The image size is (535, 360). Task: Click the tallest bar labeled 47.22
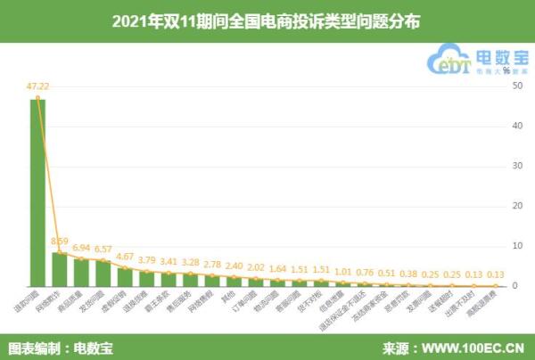tap(38, 192)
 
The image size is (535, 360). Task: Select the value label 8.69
tap(60, 241)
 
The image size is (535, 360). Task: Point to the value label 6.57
tap(103, 250)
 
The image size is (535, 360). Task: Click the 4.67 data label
tap(126, 257)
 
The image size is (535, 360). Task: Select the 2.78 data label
tap(212, 265)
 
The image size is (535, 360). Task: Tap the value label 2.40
tap(234, 266)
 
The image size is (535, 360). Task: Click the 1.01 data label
tap(343, 271)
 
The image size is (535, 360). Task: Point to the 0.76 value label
tap(365, 272)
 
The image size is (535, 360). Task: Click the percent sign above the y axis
tap(506, 70)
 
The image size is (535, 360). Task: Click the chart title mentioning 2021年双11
tap(267, 18)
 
